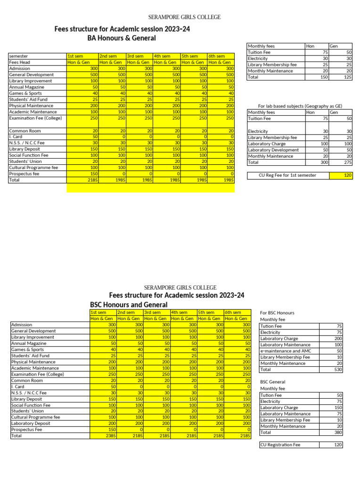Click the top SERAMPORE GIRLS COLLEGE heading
pos(184,17)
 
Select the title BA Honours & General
pos(122,38)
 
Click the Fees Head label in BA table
pos(20,62)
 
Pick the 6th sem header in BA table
pos(216,56)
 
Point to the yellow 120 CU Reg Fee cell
pos(341,176)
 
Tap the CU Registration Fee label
pos(280,445)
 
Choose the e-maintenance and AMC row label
pos(286,351)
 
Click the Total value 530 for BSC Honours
pos(337,370)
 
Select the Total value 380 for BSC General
pos(337,432)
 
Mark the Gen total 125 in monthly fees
pos(347,77)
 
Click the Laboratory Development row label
pos(273,150)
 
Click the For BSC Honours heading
pos(277,313)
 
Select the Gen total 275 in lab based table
pos(347,162)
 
